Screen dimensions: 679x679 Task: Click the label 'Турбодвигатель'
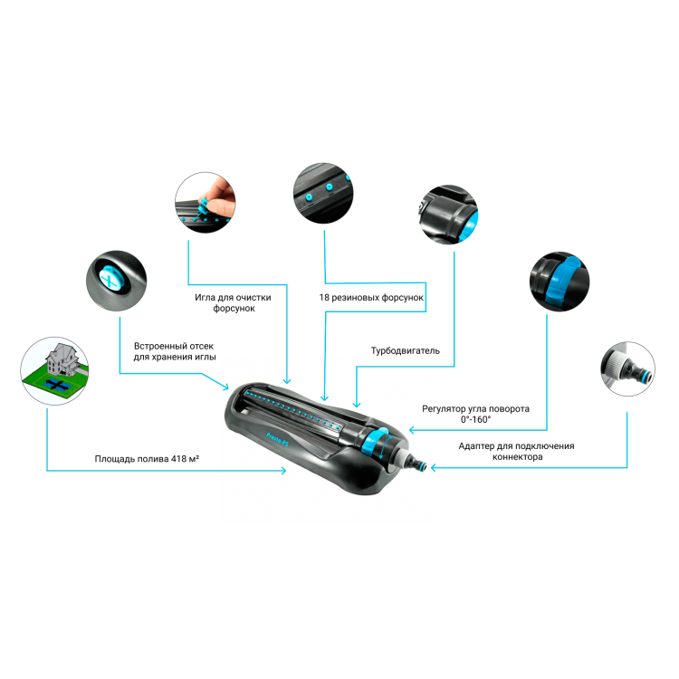pyautogui.click(x=405, y=350)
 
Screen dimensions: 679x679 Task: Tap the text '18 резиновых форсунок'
pyautogui.click(x=371, y=298)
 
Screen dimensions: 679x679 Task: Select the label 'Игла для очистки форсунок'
pyautogui.click(x=233, y=302)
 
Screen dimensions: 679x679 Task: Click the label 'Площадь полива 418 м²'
pyautogui.click(x=147, y=459)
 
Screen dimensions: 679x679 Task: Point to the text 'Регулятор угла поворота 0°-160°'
pyautogui.click(x=475, y=414)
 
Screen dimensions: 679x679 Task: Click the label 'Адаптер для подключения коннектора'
pyautogui.click(x=516, y=451)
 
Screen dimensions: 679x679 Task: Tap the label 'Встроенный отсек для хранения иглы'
pyautogui.click(x=174, y=351)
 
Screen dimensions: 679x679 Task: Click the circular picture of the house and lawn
pyautogui.click(x=54, y=371)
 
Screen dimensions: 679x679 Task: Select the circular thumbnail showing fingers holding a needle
pyautogui.click(x=206, y=202)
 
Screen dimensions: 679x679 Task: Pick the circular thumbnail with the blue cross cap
pyautogui.click(x=116, y=281)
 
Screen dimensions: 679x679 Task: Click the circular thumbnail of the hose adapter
pyautogui.click(x=627, y=368)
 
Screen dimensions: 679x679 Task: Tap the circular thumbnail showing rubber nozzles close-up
pyautogui.click(x=323, y=193)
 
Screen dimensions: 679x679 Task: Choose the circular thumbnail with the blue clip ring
pyautogui.click(x=559, y=282)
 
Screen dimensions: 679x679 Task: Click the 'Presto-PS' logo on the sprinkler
pyautogui.click(x=278, y=439)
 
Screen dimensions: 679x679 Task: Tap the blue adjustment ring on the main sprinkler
pyautogui.click(x=375, y=443)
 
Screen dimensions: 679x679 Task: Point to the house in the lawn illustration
pyautogui.click(x=62, y=359)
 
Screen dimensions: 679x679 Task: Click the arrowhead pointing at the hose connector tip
pyautogui.click(x=434, y=468)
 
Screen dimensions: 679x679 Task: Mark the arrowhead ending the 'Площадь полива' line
pyautogui.click(x=283, y=470)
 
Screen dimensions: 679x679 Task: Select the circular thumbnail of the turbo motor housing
pyautogui.click(x=449, y=215)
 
